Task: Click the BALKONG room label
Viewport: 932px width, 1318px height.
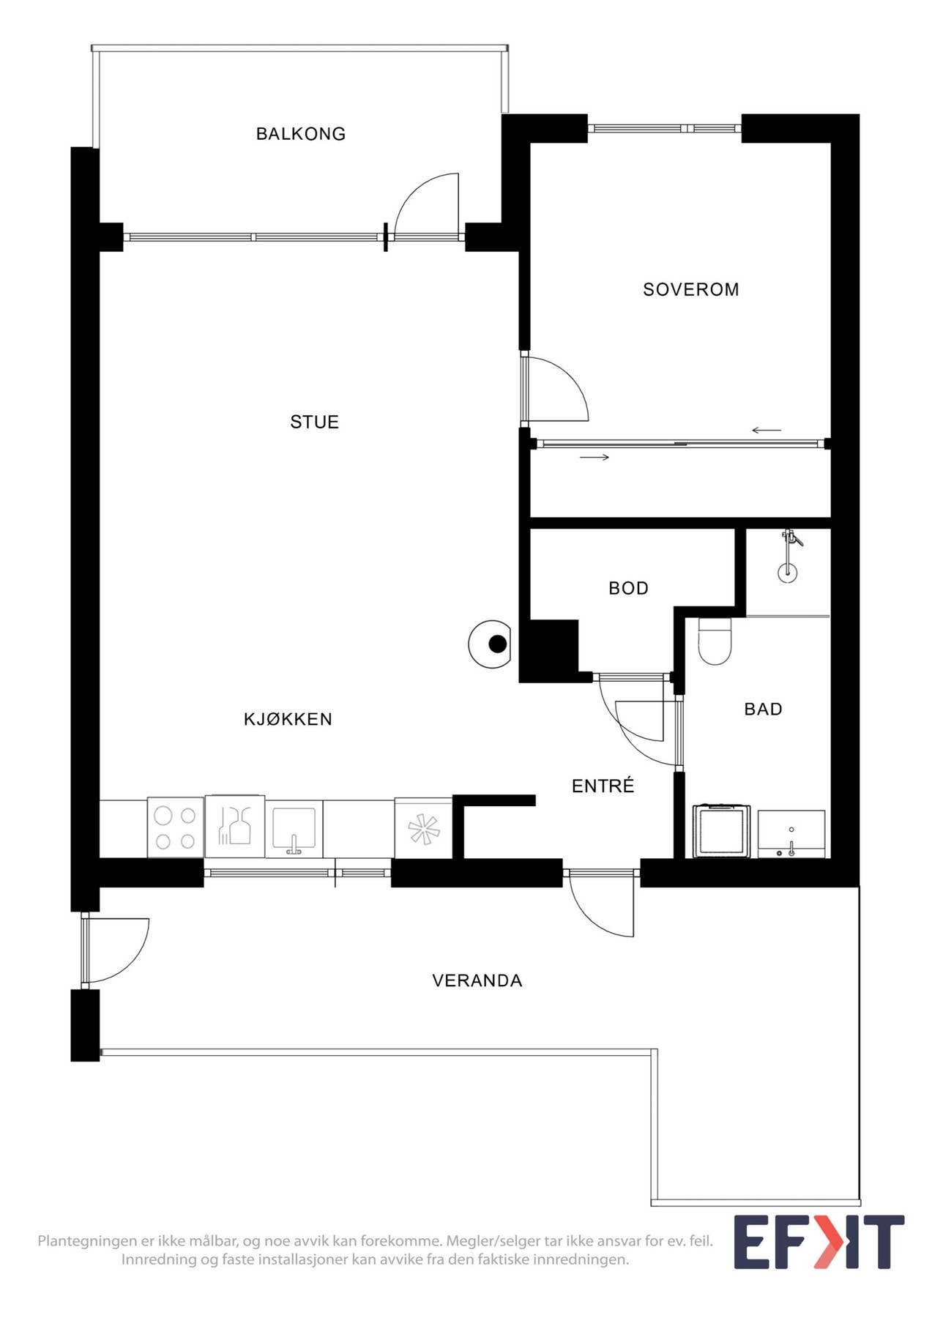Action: click(300, 134)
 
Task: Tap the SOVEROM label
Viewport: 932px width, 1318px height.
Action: click(690, 290)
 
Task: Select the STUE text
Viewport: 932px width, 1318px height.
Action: click(314, 422)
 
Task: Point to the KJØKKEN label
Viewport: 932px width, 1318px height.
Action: click(288, 720)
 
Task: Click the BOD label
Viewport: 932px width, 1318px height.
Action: click(628, 589)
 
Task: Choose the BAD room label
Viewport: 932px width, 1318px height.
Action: click(763, 710)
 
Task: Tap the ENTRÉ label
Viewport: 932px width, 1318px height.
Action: click(603, 786)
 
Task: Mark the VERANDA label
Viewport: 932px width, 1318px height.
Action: click(477, 981)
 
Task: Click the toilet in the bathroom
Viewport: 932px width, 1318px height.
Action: click(715, 642)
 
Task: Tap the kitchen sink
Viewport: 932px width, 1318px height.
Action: click(294, 830)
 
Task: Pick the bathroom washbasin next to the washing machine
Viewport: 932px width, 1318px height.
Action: click(791, 834)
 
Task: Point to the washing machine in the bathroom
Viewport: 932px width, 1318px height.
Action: click(722, 831)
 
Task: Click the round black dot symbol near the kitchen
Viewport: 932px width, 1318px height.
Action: click(497, 644)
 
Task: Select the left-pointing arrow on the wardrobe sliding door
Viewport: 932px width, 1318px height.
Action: click(766, 431)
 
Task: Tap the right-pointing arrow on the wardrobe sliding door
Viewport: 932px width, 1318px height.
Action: click(594, 458)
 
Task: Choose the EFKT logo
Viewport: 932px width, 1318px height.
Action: click(819, 1242)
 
